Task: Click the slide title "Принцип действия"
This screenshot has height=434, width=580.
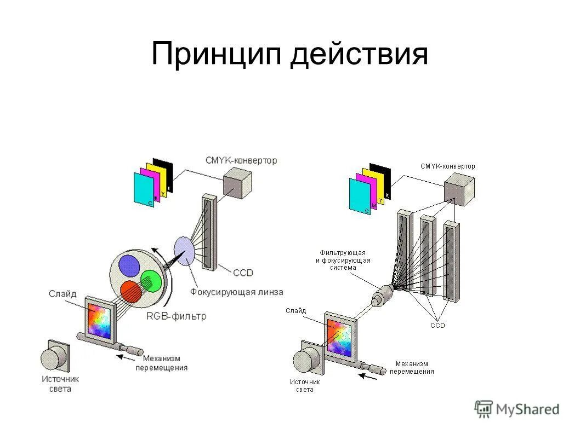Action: [x=289, y=54]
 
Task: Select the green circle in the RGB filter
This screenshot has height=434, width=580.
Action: [x=150, y=281]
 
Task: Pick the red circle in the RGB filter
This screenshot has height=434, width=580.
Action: [x=132, y=292]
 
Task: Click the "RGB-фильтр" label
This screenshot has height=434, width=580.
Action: [x=177, y=316]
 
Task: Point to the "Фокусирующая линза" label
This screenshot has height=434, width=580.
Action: [x=237, y=291]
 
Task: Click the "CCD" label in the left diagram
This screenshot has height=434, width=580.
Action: [x=243, y=272]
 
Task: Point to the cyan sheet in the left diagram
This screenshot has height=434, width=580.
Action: [x=144, y=190]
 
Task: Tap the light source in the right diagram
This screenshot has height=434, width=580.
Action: [x=305, y=361]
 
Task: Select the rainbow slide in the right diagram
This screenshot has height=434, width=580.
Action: [x=338, y=339]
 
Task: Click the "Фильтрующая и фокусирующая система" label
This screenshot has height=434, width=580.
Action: [x=343, y=260]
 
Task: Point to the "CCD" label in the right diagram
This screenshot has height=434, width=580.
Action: [x=437, y=325]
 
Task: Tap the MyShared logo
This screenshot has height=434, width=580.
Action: [x=517, y=409]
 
